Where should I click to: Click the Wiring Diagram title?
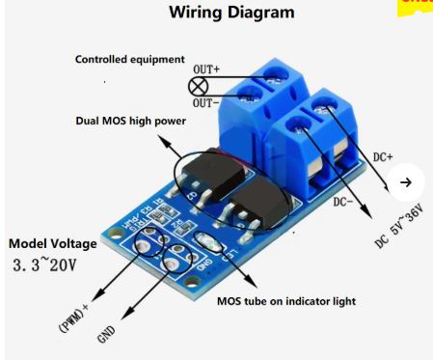coord(231,14)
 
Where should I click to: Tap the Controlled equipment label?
coord(129,60)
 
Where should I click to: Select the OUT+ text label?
coord(206,69)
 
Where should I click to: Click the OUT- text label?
coord(205,102)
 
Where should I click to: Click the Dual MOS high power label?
coord(130,122)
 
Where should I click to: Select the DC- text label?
coord(344,202)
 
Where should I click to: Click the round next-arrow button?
coord(406,182)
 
